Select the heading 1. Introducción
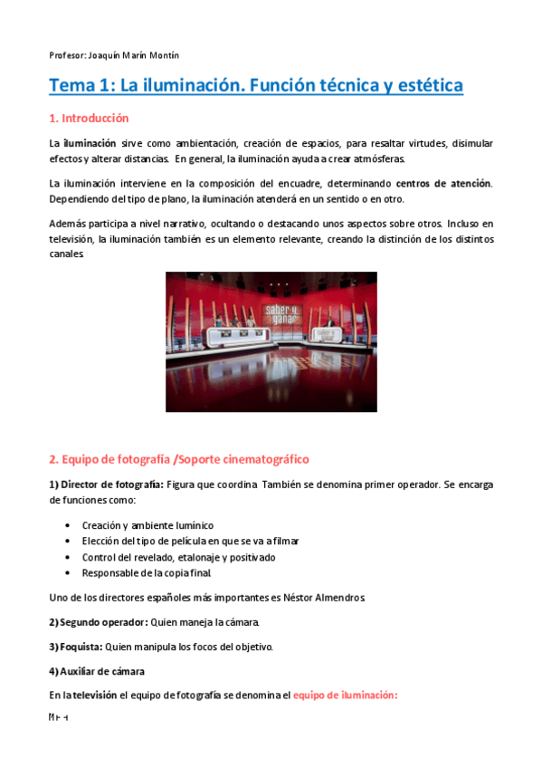tap(89, 119)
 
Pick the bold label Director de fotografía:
tap(106, 485)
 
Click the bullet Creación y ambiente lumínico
tap(148, 524)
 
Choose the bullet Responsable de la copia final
tap(147, 573)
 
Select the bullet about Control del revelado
tap(178, 557)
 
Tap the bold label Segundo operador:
tap(98, 622)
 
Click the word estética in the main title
tap(424, 86)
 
